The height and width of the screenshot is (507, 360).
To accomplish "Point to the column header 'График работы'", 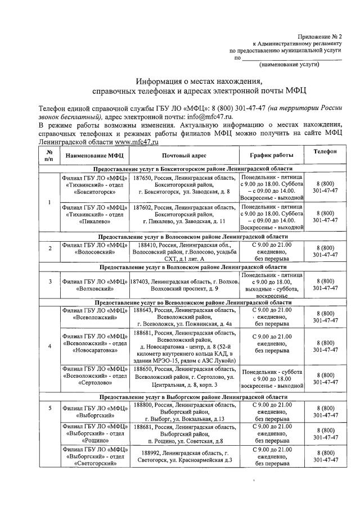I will [x=272, y=155].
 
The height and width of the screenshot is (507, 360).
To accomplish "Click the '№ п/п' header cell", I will [x=49, y=155].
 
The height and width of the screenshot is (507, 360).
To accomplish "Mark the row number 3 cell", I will [x=49, y=281].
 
